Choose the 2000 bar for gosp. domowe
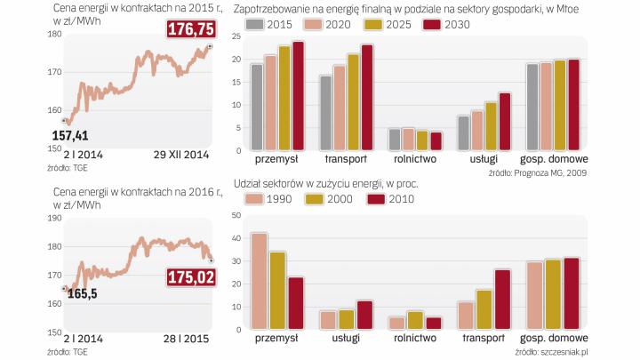552,294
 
